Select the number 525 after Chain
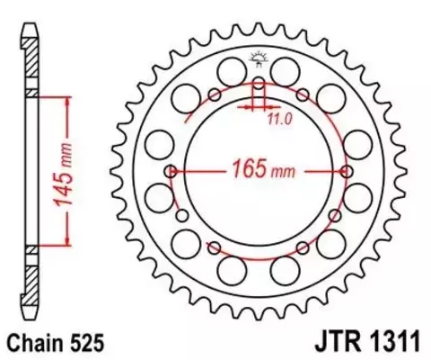click(x=91, y=343)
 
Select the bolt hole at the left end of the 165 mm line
click(x=171, y=170)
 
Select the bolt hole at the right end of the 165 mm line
click(x=347, y=170)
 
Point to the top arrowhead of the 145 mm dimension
click(x=66, y=96)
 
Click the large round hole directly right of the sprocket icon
click(x=286, y=70)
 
